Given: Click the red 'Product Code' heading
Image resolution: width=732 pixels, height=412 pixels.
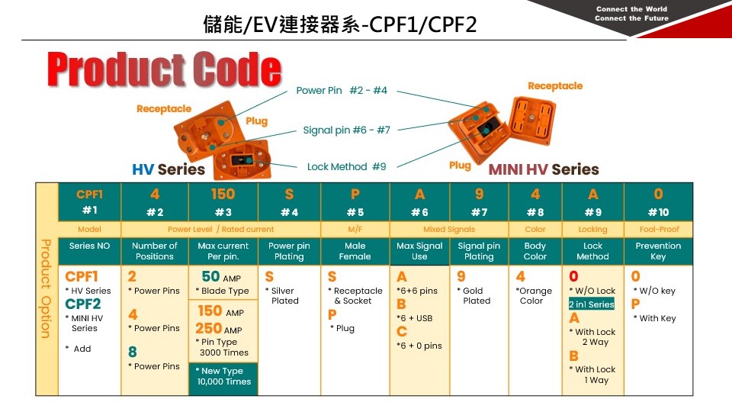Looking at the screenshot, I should (x=164, y=70).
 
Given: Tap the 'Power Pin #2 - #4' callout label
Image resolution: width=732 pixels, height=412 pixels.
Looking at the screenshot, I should (x=342, y=91).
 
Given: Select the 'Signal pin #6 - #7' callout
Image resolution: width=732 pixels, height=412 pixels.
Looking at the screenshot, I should (x=346, y=130).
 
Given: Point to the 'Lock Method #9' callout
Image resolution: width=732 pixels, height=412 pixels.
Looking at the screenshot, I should (x=346, y=166).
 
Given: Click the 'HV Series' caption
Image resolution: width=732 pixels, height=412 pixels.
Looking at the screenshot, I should (x=169, y=169).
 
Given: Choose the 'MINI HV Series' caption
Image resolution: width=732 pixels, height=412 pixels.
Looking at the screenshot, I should (x=543, y=169).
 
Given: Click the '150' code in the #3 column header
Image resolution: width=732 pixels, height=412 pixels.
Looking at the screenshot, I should (x=223, y=195).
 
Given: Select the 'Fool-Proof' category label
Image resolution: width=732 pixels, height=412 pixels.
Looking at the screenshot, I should (x=658, y=229).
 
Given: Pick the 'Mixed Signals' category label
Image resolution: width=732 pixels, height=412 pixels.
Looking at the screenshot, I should (x=449, y=229).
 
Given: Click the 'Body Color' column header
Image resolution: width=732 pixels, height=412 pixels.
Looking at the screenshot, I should (x=535, y=251).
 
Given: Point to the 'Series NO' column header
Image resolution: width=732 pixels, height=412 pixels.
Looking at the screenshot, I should (x=89, y=246).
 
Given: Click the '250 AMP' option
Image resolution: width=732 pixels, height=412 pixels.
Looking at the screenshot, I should (x=220, y=329).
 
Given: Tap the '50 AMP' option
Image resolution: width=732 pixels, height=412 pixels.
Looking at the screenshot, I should (x=221, y=277).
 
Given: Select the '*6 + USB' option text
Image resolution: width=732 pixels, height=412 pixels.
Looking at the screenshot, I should (x=415, y=318).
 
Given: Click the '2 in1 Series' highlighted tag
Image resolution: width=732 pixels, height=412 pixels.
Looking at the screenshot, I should (x=591, y=304).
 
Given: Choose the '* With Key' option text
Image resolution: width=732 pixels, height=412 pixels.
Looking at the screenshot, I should (x=655, y=318).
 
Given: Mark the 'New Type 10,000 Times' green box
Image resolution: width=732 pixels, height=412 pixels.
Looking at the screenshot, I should (x=223, y=376).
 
